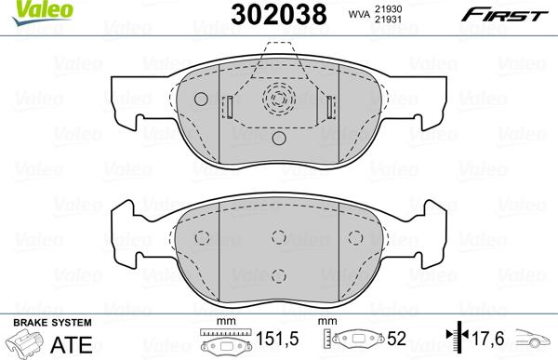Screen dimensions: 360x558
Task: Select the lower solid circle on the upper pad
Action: point(278,139)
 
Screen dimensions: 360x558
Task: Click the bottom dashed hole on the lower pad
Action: point(279,274)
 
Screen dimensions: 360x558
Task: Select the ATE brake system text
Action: point(73,344)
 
